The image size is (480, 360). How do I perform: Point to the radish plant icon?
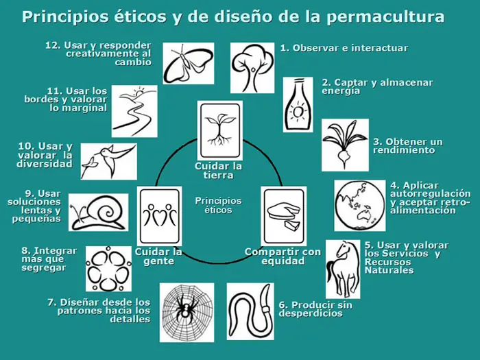click(344, 144)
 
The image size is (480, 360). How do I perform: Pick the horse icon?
click(342, 262)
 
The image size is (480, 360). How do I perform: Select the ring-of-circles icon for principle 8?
click(108, 268)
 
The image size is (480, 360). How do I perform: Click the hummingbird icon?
click(108, 160)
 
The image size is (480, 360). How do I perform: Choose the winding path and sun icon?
click(134, 111)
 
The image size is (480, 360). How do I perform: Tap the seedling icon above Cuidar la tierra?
click(219, 130)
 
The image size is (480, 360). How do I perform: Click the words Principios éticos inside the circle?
click(219, 205)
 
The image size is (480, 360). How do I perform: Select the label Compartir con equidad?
click(283, 256)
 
